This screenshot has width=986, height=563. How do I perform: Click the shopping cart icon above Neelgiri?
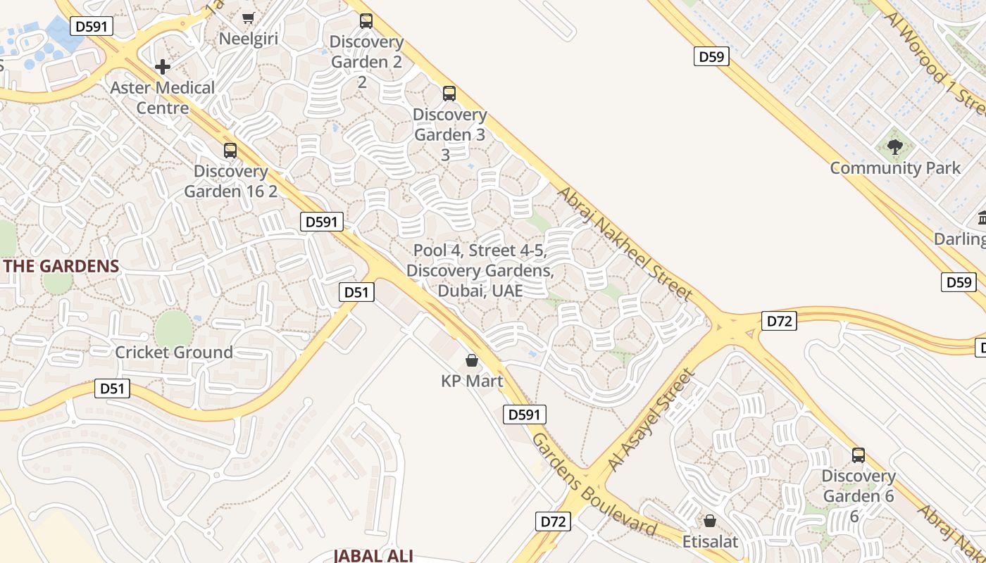[x=248, y=18]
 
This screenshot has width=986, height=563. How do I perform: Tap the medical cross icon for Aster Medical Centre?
[x=163, y=67]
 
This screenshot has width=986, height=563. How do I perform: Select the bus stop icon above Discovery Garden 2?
[x=366, y=21]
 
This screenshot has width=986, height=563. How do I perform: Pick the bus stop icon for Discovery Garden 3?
[x=449, y=94]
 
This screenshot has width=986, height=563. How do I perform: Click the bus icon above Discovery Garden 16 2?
[x=230, y=150]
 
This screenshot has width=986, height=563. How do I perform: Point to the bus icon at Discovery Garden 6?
[x=858, y=455]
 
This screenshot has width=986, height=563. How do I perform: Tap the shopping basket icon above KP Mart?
[x=472, y=361]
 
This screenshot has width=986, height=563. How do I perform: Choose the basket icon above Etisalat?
[x=710, y=521]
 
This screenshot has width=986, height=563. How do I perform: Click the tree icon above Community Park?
[x=895, y=147]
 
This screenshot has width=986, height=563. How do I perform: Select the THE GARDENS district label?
[x=61, y=266]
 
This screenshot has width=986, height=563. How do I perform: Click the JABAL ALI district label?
[x=373, y=555]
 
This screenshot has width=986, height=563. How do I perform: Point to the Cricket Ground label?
[x=174, y=352]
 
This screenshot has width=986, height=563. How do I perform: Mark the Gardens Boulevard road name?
[x=594, y=486]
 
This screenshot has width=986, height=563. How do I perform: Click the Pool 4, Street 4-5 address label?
[x=480, y=270]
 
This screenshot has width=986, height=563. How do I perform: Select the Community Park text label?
[x=895, y=168]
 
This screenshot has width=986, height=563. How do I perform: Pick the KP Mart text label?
[x=472, y=381]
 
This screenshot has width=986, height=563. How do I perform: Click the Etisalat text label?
[x=710, y=541]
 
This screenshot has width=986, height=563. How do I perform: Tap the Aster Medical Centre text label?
[x=163, y=98]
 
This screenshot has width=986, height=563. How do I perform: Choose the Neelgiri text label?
[x=249, y=38]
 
